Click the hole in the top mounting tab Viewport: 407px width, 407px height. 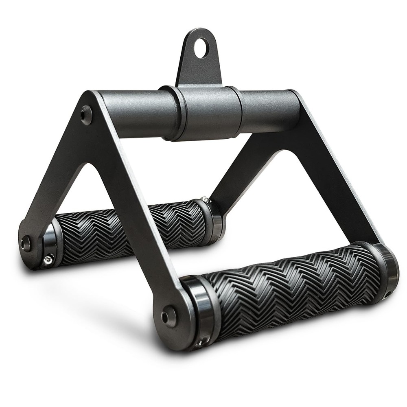click(201, 48)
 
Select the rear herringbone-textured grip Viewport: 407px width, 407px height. click(126, 230)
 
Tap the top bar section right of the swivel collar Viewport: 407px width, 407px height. click(269, 110)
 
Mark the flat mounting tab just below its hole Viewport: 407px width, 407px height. click(199, 69)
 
